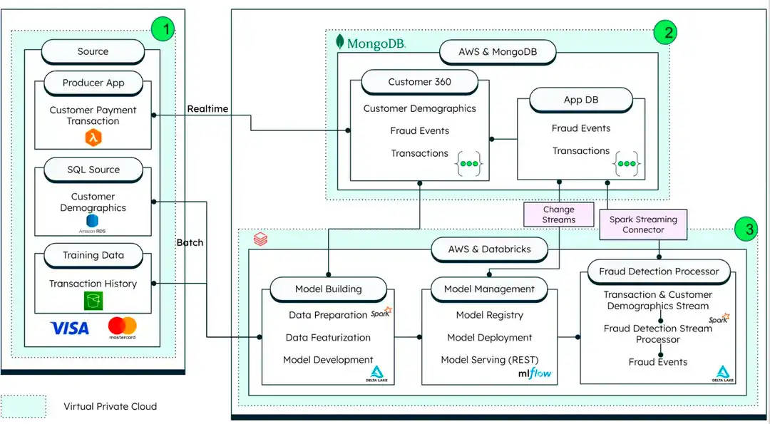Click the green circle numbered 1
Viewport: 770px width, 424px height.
(164, 30)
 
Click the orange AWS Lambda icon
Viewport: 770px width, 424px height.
(93, 138)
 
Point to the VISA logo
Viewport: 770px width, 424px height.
(69, 329)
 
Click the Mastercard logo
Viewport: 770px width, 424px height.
(123, 328)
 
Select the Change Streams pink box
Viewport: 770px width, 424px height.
(558, 214)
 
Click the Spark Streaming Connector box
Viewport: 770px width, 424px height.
(643, 224)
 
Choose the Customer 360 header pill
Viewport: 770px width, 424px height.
(419, 82)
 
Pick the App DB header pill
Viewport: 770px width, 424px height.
(581, 100)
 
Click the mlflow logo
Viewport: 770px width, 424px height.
(535, 373)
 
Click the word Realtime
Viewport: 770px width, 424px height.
(207, 108)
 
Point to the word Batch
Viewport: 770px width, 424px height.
(190, 242)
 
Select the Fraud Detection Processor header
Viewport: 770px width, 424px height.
(659, 271)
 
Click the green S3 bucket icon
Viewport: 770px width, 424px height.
(93, 301)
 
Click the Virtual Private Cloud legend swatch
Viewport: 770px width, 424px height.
(24, 406)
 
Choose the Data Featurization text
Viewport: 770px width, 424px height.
(328, 337)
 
